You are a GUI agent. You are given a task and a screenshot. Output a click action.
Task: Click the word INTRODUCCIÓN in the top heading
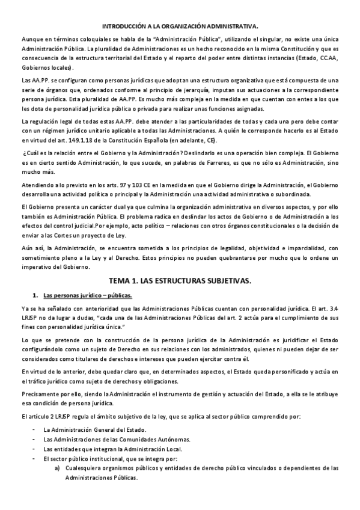(123, 26)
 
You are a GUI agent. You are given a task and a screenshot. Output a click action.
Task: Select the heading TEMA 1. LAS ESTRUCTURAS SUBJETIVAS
(180, 280)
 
